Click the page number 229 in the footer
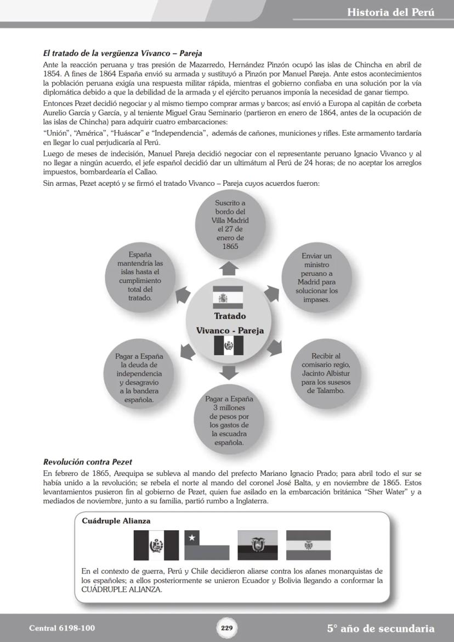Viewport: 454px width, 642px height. (227, 628)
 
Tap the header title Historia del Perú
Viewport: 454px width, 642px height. (390, 12)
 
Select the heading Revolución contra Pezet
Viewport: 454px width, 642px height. (88, 462)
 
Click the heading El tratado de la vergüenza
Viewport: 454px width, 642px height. (122, 53)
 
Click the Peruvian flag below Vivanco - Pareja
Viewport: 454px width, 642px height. (228, 346)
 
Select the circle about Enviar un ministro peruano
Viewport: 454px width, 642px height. (317, 278)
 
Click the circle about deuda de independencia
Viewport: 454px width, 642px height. (139, 378)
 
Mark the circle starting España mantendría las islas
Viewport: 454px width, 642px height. (139, 276)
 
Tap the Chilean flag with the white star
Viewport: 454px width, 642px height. (206, 545)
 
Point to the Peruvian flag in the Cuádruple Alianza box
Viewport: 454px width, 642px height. (156, 545)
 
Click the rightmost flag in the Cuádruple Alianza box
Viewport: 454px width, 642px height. (308, 545)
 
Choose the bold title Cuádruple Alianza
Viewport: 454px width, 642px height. (116, 521)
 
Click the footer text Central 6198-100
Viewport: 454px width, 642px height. (58, 628)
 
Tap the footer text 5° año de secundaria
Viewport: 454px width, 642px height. (381, 629)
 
